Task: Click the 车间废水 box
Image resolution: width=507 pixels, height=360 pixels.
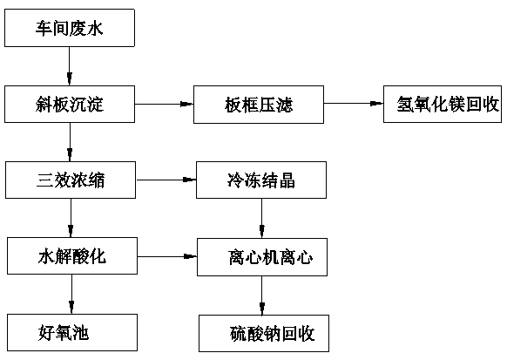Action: coord(70,28)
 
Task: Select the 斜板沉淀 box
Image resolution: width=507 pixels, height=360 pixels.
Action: coord(70,104)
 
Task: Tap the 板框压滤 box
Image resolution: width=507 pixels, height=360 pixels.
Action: coord(259,105)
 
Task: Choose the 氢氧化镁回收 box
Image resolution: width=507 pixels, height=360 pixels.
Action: coord(443,104)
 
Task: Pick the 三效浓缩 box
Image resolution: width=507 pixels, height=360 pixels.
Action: coord(71,180)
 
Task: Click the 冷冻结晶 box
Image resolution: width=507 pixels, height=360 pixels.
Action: coord(261,180)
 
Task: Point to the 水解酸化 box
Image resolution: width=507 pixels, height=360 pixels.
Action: coord(72,256)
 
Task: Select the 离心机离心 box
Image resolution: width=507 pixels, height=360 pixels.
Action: coord(262,257)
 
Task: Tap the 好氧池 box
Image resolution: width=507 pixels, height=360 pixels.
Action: coord(72,332)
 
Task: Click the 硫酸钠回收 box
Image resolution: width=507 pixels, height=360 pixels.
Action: coord(264,334)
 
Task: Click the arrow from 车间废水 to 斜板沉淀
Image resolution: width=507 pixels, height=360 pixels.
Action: coord(69,66)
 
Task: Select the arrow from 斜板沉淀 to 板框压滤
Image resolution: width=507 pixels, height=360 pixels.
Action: coord(165,104)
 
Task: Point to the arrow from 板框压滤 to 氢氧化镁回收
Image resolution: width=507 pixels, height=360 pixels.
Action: coord(354,104)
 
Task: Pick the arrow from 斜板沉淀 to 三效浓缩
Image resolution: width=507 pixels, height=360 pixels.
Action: coord(70,142)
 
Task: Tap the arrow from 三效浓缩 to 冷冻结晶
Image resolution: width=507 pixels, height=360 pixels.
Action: coord(166,180)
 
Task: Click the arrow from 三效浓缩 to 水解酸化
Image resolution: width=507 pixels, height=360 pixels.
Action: coord(71,218)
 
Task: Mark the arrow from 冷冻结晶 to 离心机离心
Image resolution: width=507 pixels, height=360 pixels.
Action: coord(262,219)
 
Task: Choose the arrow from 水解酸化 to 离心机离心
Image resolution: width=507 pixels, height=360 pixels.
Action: coord(167,257)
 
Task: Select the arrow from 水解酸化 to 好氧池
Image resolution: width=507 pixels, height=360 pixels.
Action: coord(71,295)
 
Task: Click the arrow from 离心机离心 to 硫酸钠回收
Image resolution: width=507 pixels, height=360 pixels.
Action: coord(262,295)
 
